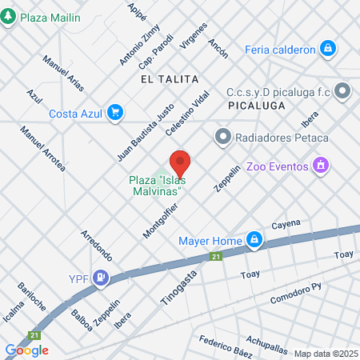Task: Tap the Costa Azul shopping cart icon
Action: coord(116,113)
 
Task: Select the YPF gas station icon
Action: coord(101,278)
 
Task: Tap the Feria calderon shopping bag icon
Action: coord(327,49)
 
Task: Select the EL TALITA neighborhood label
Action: coord(169,79)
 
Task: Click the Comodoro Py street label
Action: coord(295,289)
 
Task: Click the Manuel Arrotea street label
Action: coord(43,154)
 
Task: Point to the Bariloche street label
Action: coord(33,296)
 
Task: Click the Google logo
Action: coord(27,350)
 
